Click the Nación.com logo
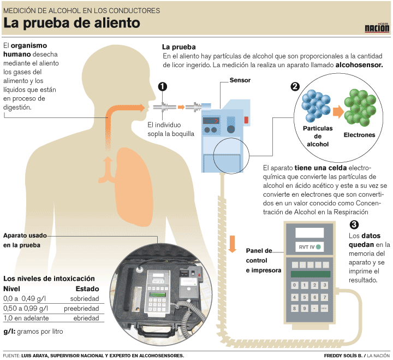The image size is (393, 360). pos(377,27)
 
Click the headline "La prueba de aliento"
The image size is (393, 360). pos(72,23)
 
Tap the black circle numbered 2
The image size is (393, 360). pos(295,86)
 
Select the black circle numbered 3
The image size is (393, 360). pos(354,225)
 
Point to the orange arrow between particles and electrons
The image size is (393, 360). pos(338,111)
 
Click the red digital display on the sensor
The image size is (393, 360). pos(211,121)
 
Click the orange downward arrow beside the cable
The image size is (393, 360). pos(232,244)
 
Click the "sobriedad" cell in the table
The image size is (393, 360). pos(85,299)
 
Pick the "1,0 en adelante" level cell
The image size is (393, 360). pos(26,317)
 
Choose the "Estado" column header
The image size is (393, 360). pos(87,288)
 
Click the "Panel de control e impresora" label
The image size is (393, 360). pos(263,260)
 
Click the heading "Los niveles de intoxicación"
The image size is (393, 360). pos(49,278)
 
